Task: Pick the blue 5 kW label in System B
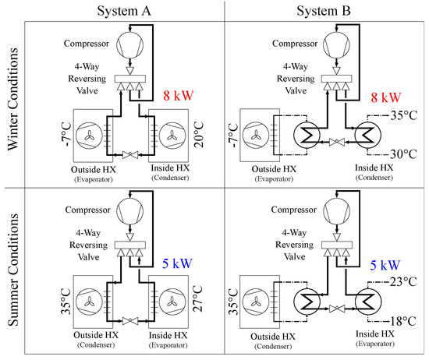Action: (x=384, y=266)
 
